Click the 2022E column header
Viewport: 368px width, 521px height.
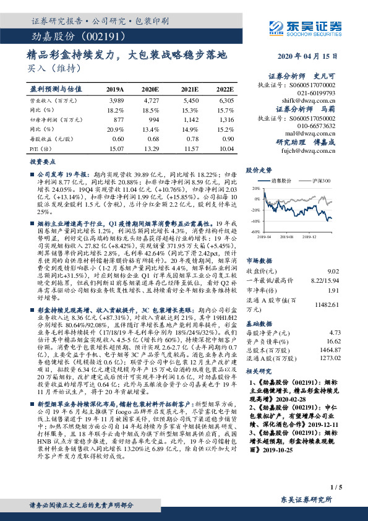pos(226,89)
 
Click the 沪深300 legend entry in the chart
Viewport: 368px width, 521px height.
pos(316,181)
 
